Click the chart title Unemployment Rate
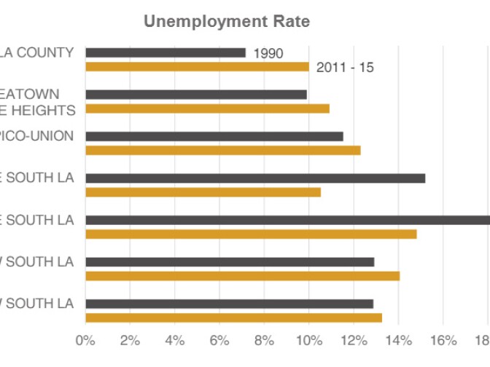point(226,22)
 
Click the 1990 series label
point(268,53)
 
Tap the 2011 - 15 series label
point(346,68)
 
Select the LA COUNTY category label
point(37,52)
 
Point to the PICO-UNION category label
point(37,136)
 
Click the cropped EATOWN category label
point(30,94)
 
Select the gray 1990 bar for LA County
point(166,52)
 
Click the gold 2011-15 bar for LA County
point(197,67)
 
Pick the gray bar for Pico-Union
point(214,136)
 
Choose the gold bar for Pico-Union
point(223,150)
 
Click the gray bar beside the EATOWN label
point(196,94)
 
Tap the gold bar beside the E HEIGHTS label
point(207,108)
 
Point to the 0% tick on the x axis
point(85,340)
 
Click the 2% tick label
point(130,340)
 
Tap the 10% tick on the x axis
point(308,340)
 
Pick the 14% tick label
point(398,340)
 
